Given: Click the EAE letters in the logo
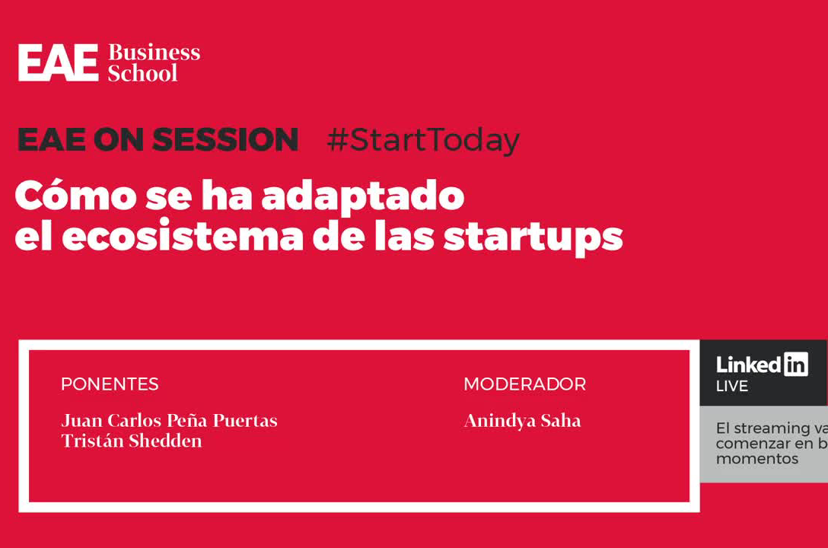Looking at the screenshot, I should point(58,63).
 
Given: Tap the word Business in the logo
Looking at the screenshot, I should point(154,53).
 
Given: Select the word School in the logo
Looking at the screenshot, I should point(142,74).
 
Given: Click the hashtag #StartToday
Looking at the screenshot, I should point(422,141).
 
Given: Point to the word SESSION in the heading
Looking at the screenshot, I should point(225,141).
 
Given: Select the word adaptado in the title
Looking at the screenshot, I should point(362,197).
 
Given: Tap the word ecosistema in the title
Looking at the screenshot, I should point(182,237).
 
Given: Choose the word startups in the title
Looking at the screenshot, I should point(533,238).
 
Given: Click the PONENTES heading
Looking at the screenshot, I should point(110,384).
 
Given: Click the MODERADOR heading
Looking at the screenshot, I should point(524,384).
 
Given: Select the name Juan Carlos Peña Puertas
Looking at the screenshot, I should point(169,421).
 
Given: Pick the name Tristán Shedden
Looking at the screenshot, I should point(132,441).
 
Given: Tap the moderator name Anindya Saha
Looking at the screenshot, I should point(522,421).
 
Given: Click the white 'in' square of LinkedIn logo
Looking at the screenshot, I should point(795,365).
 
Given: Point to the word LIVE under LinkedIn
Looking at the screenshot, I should point(731,387).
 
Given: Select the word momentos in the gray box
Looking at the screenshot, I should point(756,459).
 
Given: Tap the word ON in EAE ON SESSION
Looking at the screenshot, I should point(121,141).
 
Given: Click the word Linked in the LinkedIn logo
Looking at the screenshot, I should point(749,365).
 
